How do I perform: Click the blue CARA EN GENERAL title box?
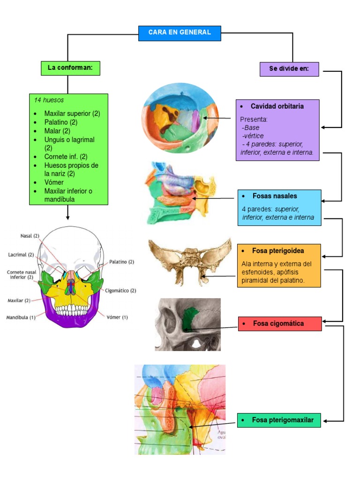click(180, 33)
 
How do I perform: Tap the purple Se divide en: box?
click(289, 69)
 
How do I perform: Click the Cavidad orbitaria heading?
click(277, 106)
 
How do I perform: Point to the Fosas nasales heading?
click(275, 196)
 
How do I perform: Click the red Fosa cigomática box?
click(280, 323)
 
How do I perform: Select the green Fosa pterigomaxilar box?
click(279, 420)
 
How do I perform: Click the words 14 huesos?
click(49, 100)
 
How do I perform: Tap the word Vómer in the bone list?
click(54, 182)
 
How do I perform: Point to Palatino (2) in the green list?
click(61, 122)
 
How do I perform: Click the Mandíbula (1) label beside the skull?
click(21, 317)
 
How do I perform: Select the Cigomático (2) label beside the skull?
click(120, 291)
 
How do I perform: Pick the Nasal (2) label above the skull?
click(30, 236)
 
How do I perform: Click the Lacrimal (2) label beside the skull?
click(21, 255)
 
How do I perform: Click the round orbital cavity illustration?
click(180, 120)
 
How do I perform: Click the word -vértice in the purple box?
click(253, 136)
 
